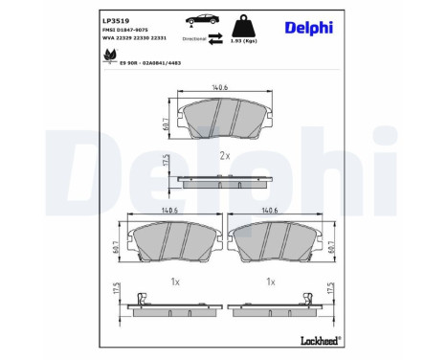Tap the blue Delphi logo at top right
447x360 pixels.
click(x=308, y=27)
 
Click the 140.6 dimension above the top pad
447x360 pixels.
click(x=221, y=87)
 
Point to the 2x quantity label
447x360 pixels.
click(x=225, y=154)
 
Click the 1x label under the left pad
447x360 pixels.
click(x=172, y=282)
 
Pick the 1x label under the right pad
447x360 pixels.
click(x=272, y=282)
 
